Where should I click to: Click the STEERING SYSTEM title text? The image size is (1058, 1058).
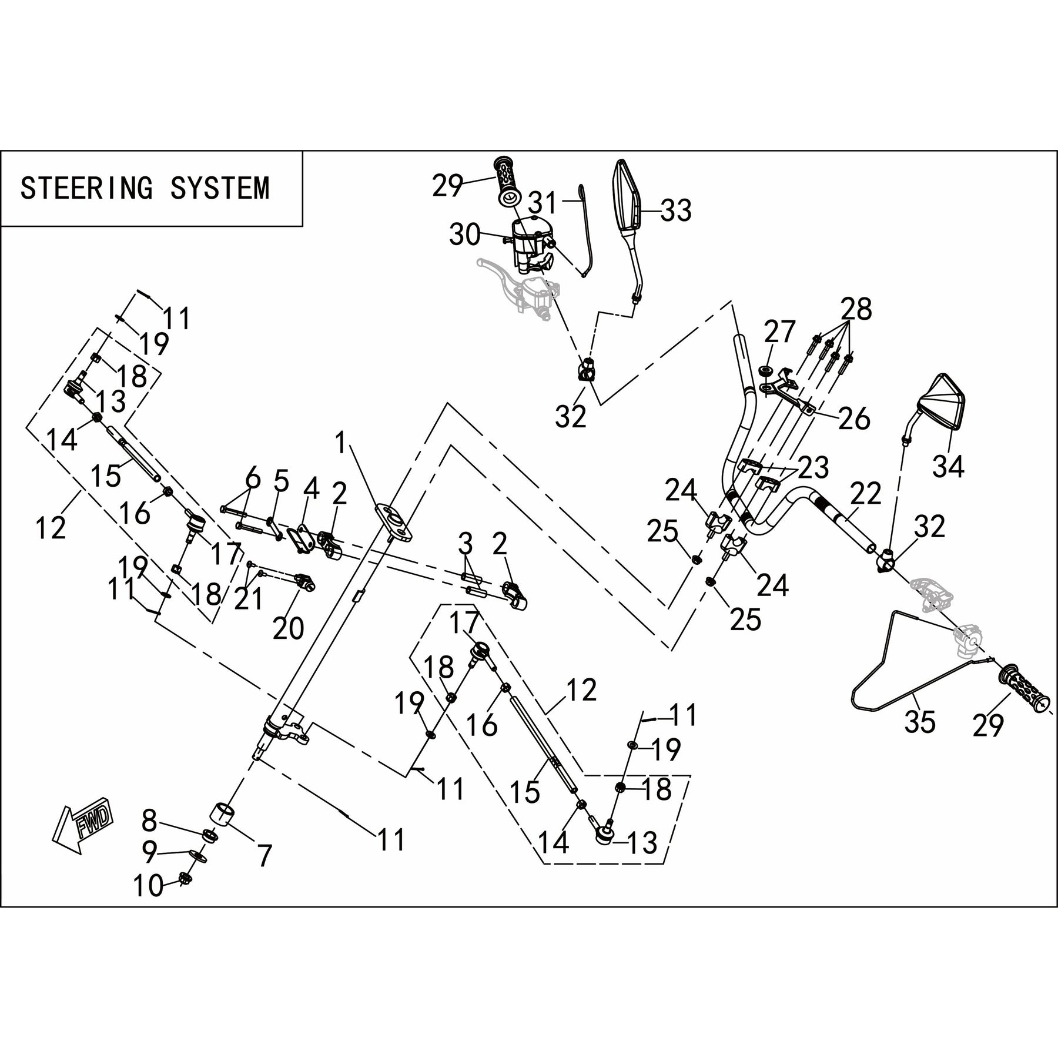145,188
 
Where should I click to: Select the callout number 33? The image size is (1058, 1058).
676,211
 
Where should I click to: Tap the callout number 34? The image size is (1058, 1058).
949,467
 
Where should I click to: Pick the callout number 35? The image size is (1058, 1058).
920,722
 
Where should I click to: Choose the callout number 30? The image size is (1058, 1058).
465,235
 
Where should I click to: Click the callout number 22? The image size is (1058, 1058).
865,494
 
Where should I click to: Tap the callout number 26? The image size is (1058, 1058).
853,419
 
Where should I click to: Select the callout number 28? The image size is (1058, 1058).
856,309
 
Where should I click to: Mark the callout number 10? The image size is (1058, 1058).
148,886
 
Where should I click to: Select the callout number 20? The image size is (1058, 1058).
288,628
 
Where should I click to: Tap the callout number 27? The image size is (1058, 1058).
779,332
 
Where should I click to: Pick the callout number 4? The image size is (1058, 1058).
311,488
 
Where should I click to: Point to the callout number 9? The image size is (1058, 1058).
149,851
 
